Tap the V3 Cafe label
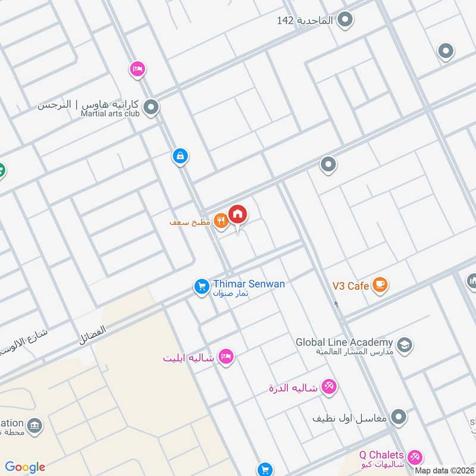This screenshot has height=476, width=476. point(350,286)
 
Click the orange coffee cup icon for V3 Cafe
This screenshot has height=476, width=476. point(380,286)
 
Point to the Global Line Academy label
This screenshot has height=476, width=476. point(345,343)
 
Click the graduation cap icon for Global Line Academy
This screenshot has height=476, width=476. point(405,345)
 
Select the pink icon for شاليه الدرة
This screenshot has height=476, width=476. point(328,387)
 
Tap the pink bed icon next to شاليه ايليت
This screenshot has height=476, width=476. point(226,357)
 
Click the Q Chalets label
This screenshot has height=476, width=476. point(381,455)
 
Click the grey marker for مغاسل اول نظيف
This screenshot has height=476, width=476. point(399,417)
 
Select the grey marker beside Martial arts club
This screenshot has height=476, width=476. point(152,108)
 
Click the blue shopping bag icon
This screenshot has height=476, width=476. point(180,156)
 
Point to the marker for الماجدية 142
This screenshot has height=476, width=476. point(345,21)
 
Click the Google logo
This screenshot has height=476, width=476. point(25,467)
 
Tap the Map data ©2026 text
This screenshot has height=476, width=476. point(444,471)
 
